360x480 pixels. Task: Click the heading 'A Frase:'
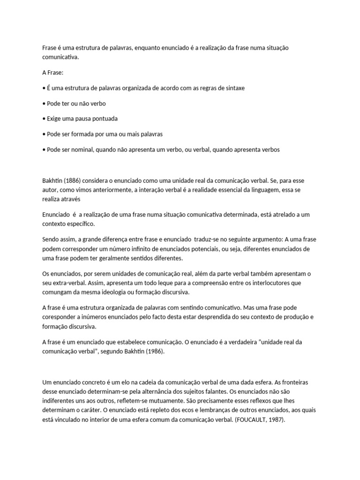[52, 73]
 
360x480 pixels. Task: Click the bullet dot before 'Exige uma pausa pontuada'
[44, 119]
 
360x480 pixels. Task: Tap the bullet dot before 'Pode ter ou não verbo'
[44, 103]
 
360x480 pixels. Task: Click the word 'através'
[70, 199]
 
